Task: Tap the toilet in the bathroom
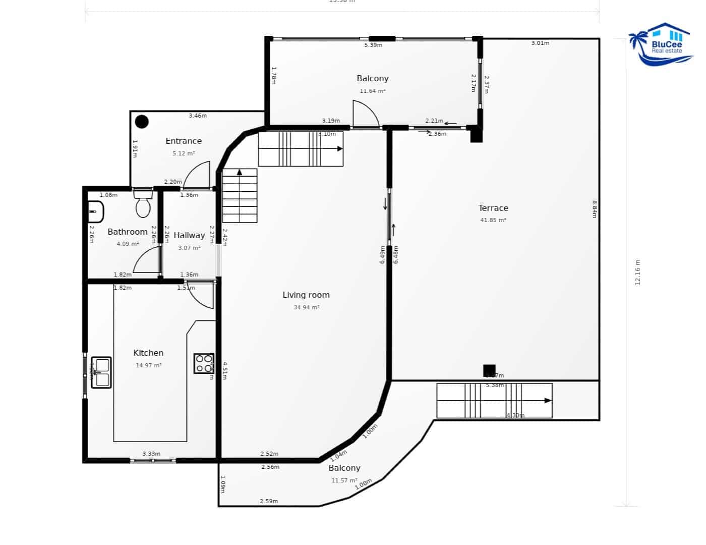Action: [143, 203]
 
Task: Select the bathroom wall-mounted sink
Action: [95, 212]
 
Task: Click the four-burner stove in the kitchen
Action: [204, 363]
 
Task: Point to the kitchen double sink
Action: [101, 372]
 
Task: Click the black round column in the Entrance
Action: [142, 122]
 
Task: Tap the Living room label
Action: [306, 295]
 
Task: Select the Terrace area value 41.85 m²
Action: [493, 221]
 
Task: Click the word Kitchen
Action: [148, 353]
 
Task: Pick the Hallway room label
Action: [189, 236]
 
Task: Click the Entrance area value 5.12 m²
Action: [184, 154]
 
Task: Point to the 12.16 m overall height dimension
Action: [637, 272]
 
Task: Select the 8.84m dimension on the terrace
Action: [595, 209]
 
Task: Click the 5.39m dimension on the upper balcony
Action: [373, 45]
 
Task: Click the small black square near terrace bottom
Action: [489, 370]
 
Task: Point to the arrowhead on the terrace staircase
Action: [548, 401]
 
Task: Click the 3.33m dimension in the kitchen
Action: [151, 454]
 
